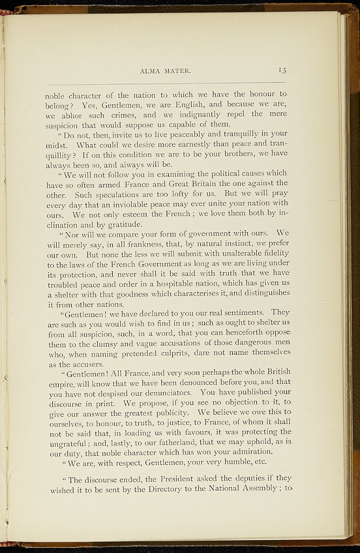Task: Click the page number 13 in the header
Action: (282, 70)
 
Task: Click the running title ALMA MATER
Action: (165, 71)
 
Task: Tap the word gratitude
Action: (124, 224)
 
